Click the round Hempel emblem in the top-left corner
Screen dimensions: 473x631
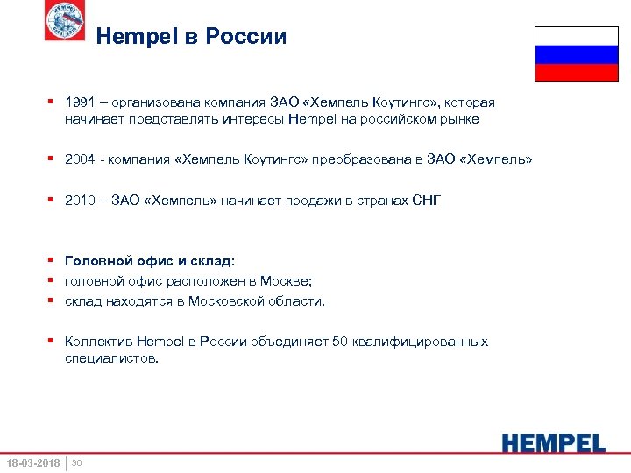tap(65, 21)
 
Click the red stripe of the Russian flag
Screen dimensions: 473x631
tap(576, 73)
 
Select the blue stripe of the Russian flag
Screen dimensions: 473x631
tap(576, 54)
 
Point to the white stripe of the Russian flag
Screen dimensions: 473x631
tap(576, 36)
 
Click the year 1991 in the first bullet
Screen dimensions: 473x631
tap(80, 102)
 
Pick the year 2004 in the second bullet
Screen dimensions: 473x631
tap(80, 159)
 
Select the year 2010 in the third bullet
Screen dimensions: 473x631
tap(80, 201)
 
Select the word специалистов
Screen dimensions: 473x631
tap(111, 357)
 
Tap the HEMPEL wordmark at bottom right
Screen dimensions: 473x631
tap(553, 442)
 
